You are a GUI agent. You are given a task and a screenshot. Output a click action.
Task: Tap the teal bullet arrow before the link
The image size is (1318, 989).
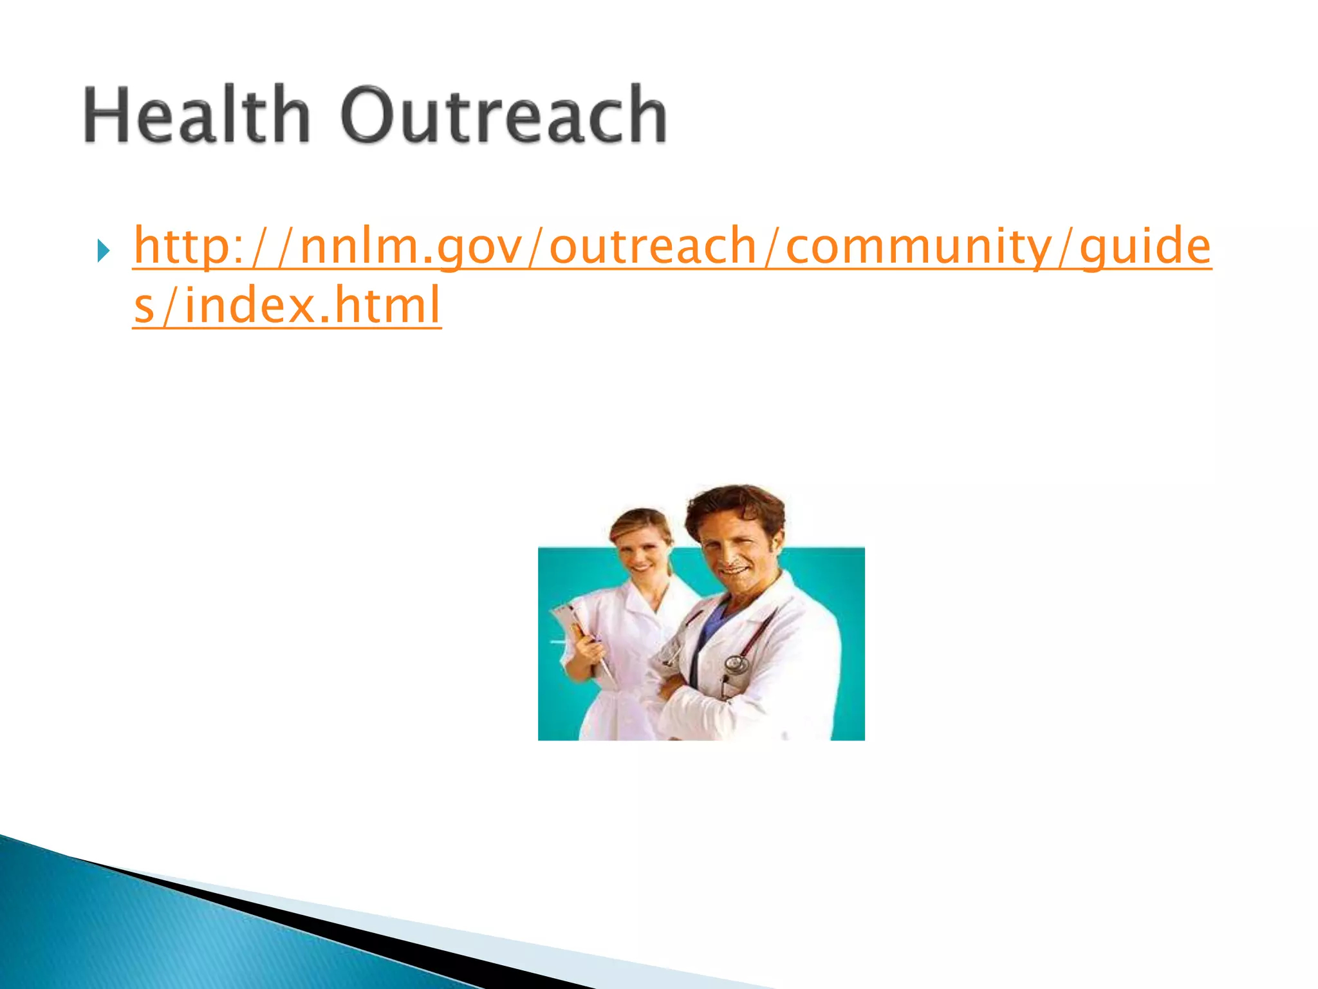(103, 250)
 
